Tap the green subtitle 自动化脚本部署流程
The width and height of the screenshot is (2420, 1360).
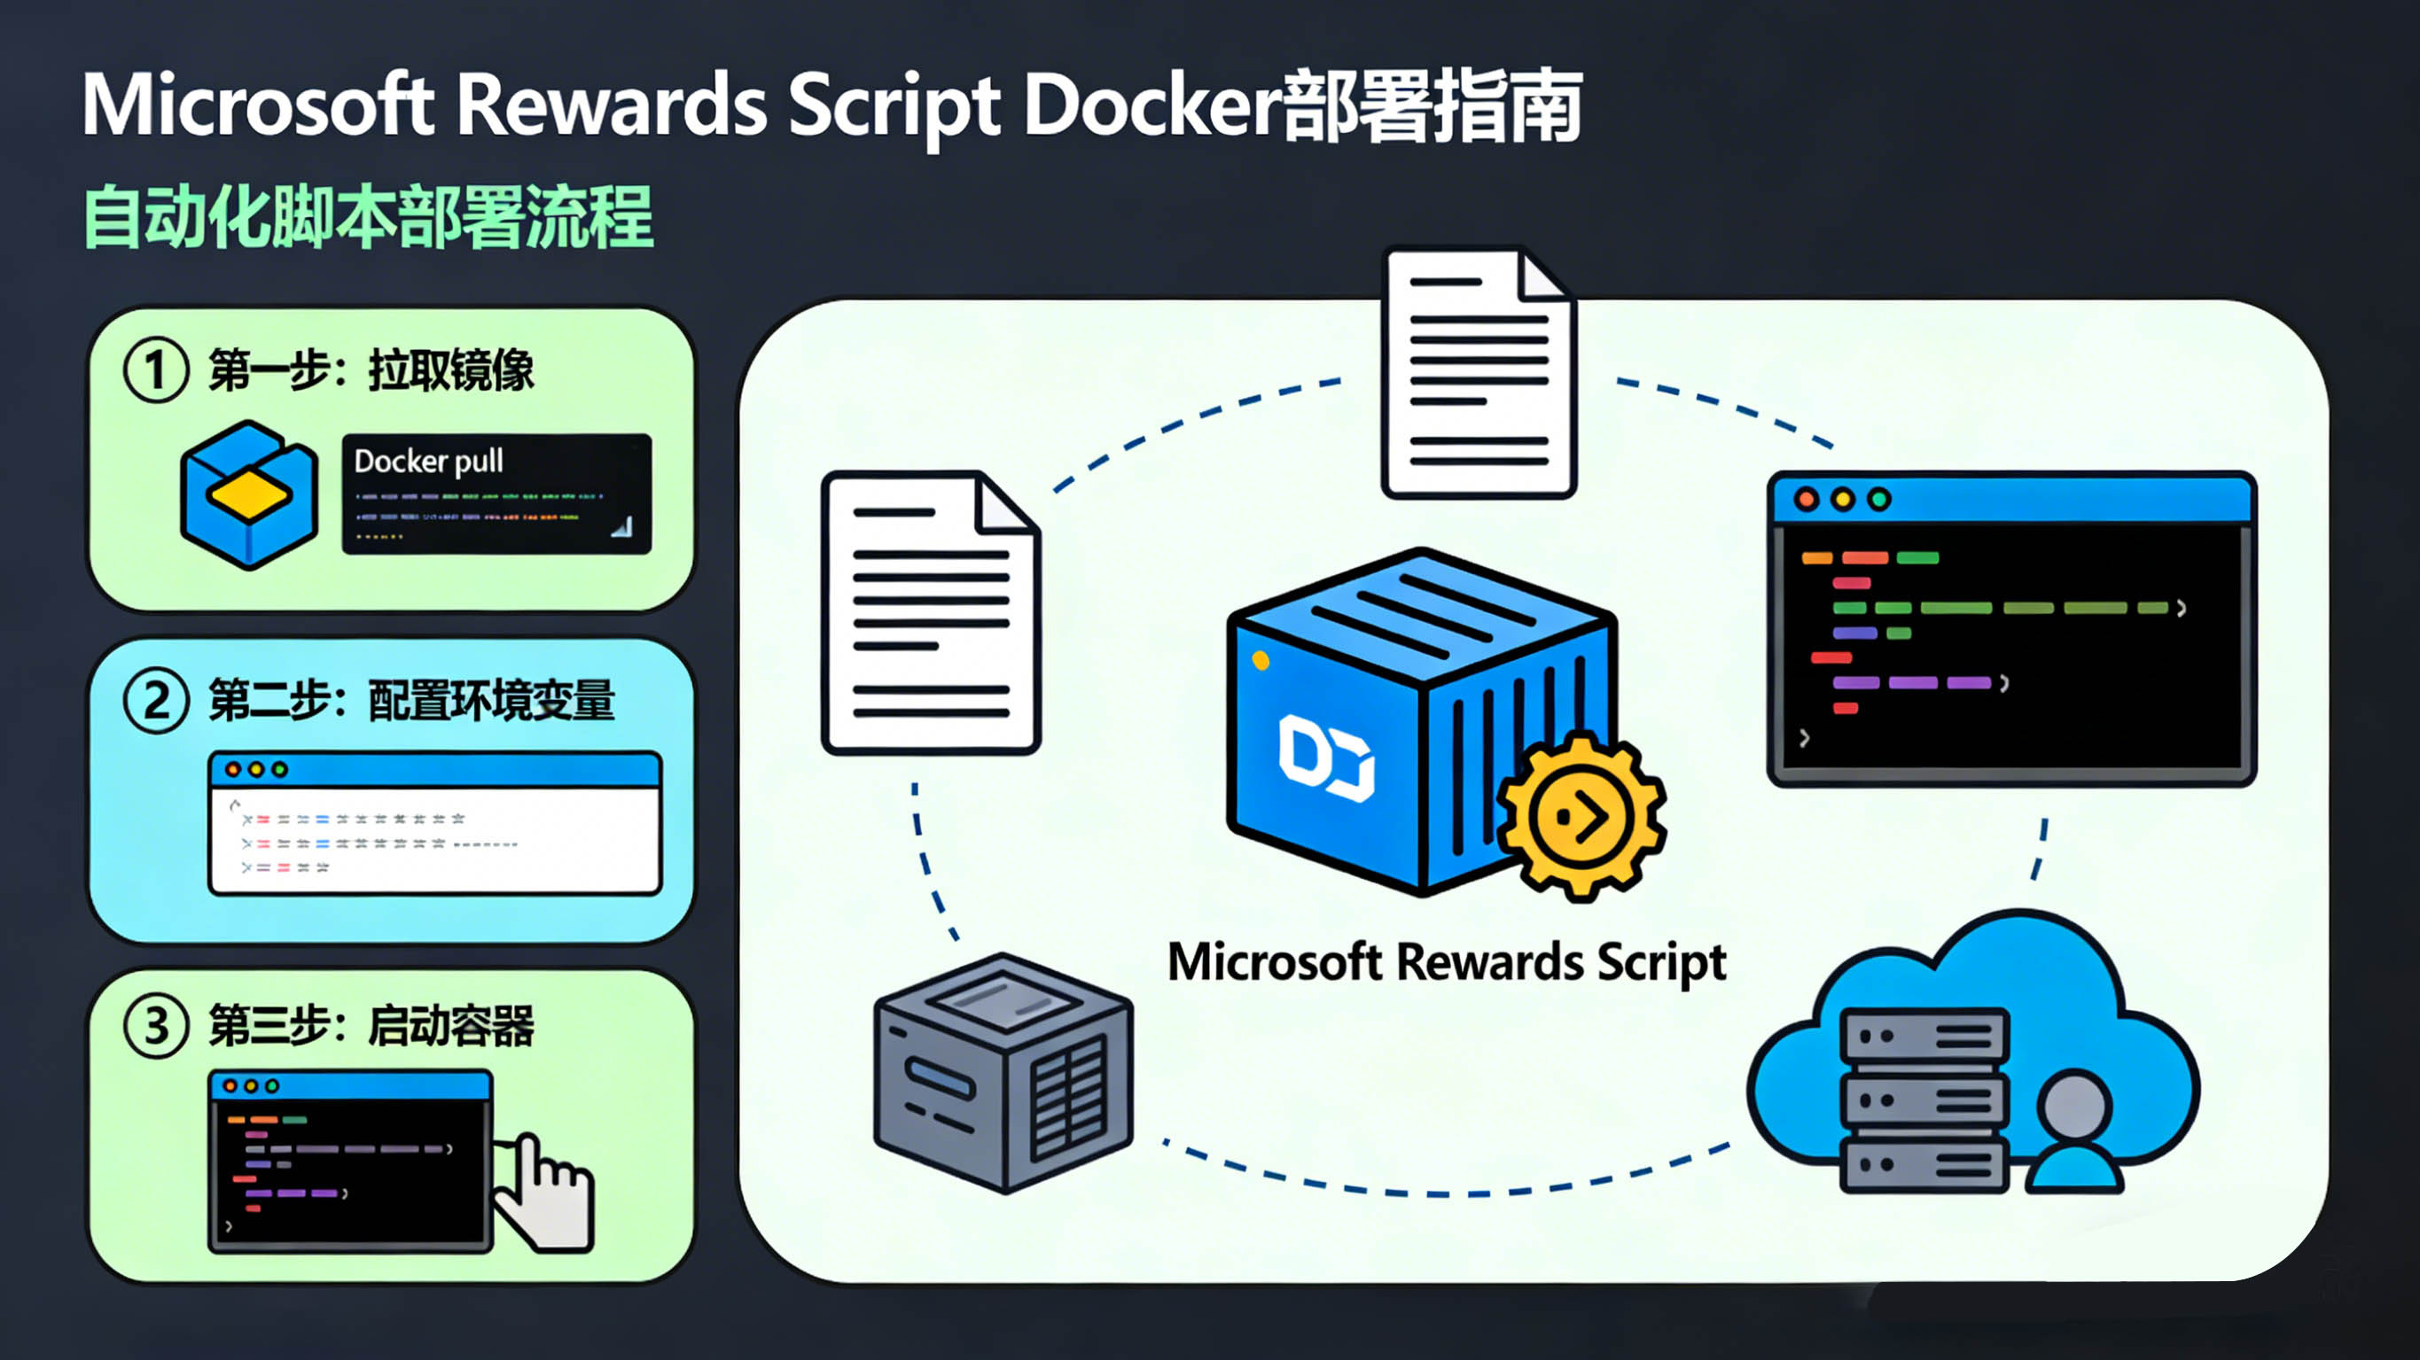coord(368,218)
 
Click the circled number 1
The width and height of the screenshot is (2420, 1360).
coord(156,370)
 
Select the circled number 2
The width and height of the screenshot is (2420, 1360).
coord(156,701)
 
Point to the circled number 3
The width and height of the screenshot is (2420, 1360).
coord(156,1026)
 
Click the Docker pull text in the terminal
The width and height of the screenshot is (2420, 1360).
coord(428,462)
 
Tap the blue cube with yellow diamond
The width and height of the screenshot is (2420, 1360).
coord(249,494)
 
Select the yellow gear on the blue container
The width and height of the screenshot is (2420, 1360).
coord(1582,816)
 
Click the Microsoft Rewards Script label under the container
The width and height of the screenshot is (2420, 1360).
coord(1447,962)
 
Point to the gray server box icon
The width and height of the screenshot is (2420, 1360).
coord(1003,1073)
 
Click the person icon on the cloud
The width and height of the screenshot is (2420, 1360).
coord(2074,1132)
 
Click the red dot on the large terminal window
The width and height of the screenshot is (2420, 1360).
coord(1806,499)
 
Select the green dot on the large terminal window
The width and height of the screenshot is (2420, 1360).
coord(1879,499)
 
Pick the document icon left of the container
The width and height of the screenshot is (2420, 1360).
coord(930,612)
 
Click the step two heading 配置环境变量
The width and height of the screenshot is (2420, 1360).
coord(490,701)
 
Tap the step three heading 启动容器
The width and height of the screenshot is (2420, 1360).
coord(451,1026)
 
